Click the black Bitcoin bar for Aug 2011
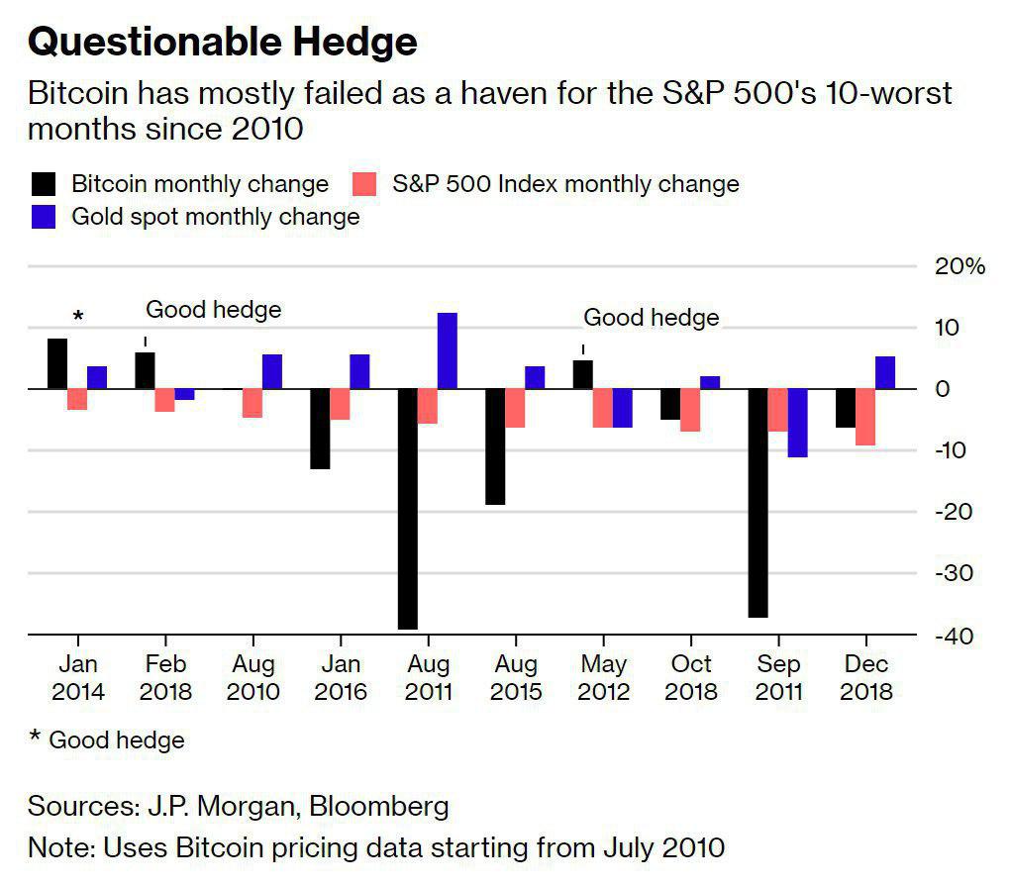click(x=407, y=509)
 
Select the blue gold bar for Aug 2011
click(x=447, y=350)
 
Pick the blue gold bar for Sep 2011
click(x=797, y=423)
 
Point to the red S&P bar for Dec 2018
click(x=864, y=417)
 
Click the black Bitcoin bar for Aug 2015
click(x=494, y=446)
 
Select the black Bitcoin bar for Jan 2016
click(x=319, y=429)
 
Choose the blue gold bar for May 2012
click(x=622, y=408)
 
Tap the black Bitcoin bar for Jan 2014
click(x=57, y=363)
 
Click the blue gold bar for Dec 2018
click(x=885, y=372)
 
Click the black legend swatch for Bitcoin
click(x=44, y=184)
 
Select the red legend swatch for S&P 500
click(x=366, y=184)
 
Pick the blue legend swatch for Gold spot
click(x=44, y=217)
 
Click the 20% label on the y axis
click(x=959, y=266)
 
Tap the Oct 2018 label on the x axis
click(x=690, y=677)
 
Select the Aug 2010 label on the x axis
click(x=252, y=677)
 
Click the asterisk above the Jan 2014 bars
click(x=78, y=317)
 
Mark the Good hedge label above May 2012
click(x=651, y=318)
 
